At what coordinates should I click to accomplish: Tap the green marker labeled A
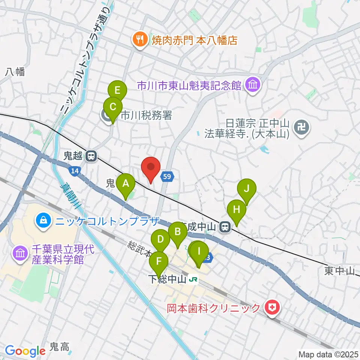(x=126, y=184)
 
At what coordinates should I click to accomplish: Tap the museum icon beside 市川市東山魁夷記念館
(x=253, y=86)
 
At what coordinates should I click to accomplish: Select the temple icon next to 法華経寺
(x=301, y=128)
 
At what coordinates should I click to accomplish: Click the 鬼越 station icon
(x=90, y=156)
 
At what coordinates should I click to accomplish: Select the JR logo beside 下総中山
(x=193, y=279)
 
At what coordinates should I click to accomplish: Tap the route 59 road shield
(x=168, y=176)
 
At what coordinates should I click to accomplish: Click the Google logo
(x=25, y=351)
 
